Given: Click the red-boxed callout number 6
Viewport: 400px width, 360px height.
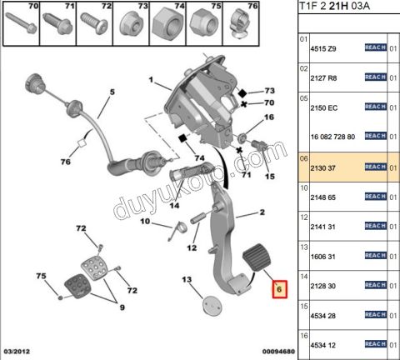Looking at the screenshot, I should coord(280,289).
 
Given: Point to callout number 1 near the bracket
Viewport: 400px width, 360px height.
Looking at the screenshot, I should coord(152,82).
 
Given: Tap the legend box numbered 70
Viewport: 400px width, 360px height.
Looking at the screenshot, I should coord(22,25).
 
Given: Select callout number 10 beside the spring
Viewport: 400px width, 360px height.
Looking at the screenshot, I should coord(143,222).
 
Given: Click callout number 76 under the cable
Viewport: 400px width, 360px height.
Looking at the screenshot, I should coord(64,163).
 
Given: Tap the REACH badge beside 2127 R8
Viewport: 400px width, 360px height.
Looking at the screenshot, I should coord(376,77).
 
